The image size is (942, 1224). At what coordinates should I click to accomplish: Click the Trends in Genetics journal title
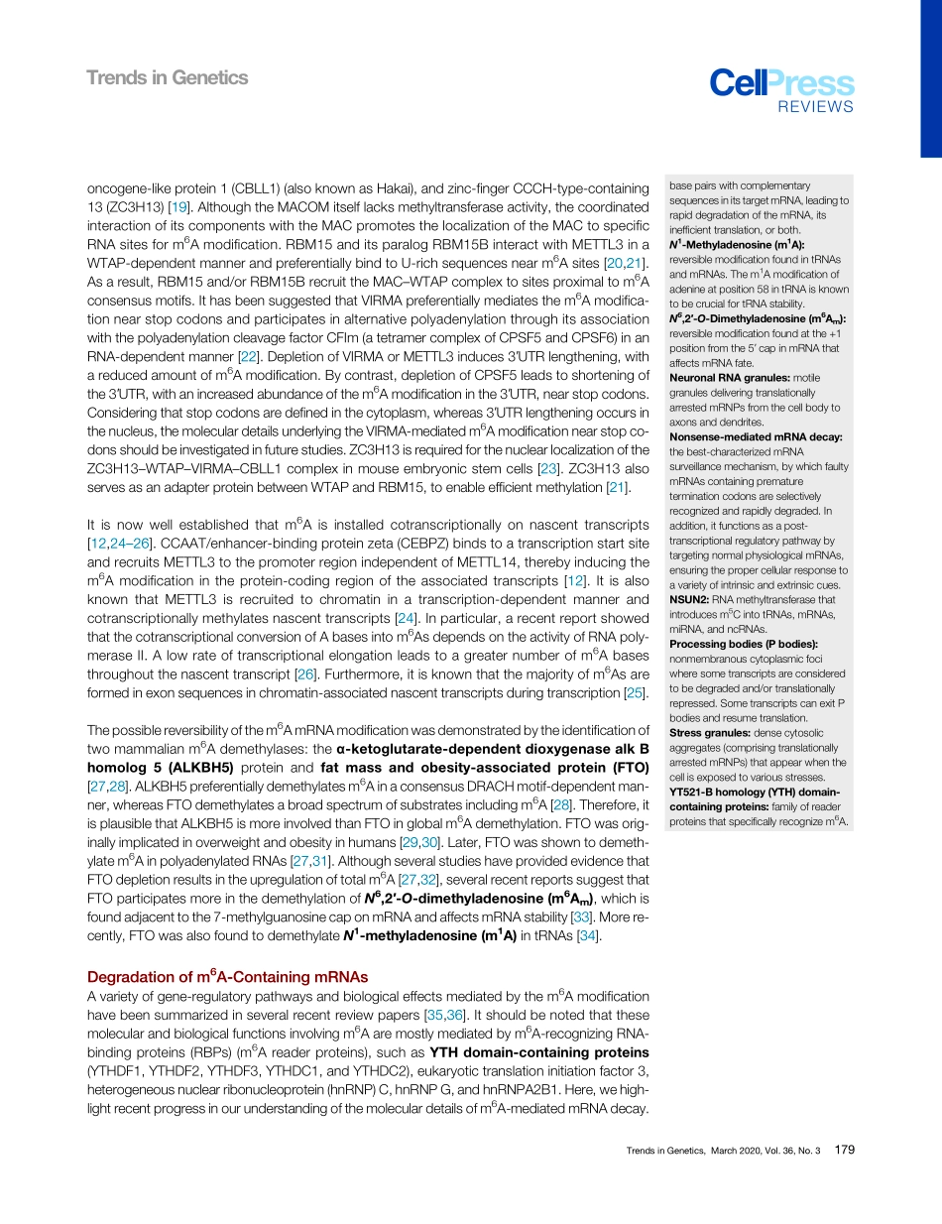[168, 77]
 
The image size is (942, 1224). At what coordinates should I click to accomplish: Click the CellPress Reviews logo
[781, 90]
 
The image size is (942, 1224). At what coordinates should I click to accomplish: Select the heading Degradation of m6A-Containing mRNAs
[228, 976]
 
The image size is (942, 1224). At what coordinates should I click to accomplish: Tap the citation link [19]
[180, 206]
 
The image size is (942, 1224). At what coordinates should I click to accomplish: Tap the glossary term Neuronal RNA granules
[731, 377]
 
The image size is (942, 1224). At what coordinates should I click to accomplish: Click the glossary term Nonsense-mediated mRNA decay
[756, 435]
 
